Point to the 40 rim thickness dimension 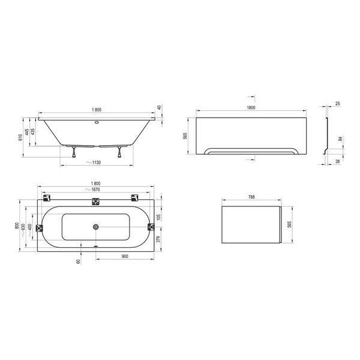tap(159, 109)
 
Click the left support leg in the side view tap(73, 151)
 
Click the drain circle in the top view tap(94, 227)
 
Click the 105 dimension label tap(159, 216)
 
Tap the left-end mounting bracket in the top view tap(40, 228)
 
